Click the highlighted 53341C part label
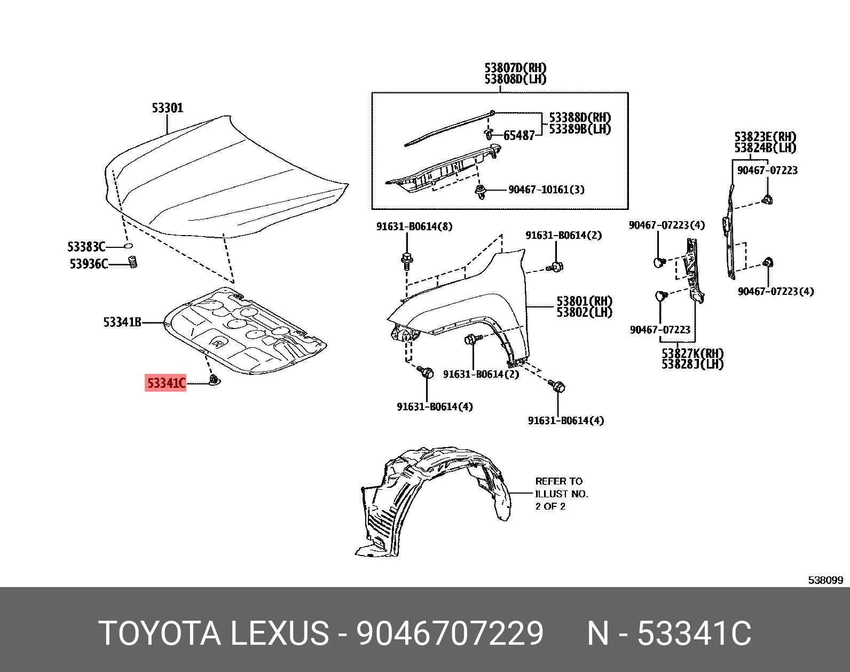point(166,383)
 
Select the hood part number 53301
point(168,108)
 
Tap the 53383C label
point(86,247)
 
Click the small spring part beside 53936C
point(133,262)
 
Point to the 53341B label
point(122,322)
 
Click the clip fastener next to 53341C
point(214,380)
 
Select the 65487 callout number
point(518,136)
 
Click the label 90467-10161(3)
point(546,190)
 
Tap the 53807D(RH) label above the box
point(515,68)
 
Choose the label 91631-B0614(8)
point(414,226)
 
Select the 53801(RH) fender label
point(584,301)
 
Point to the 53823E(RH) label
point(765,137)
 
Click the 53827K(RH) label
point(692,353)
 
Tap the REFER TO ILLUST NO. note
point(561,494)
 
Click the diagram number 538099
point(825,580)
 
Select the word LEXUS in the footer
point(279,634)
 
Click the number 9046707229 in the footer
point(450,634)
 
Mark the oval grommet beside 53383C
point(128,246)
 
